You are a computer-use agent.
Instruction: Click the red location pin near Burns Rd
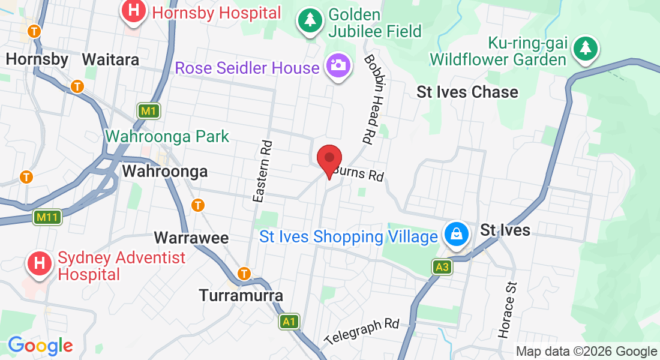point(329,159)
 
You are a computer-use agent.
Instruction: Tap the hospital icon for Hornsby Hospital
point(133,12)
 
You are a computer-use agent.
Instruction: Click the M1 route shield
point(147,111)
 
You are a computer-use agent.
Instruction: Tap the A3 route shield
point(442,267)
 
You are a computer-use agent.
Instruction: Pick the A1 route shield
point(289,322)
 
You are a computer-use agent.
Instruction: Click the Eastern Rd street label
point(263,171)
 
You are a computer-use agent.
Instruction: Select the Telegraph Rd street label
point(362,332)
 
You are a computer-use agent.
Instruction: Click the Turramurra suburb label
point(241,295)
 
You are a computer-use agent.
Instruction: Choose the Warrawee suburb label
point(191,238)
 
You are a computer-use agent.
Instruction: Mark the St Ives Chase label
point(467,92)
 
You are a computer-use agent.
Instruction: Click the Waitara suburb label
point(110,59)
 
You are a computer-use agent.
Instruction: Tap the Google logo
point(40,346)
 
